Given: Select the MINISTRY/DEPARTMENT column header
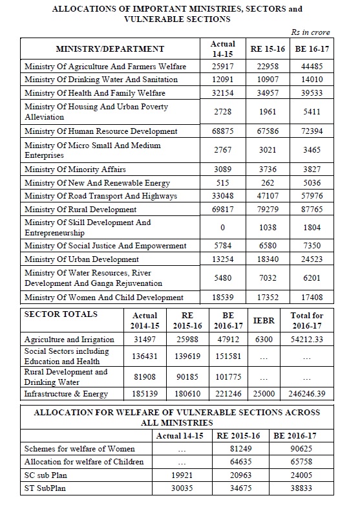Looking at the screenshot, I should point(110,49).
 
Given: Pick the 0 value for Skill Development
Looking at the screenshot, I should point(222,227).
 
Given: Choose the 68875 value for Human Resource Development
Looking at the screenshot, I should point(222,131).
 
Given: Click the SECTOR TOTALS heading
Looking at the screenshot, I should point(61,314).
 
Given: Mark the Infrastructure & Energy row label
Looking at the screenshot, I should point(66,393).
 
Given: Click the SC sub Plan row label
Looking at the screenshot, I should point(48,475).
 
